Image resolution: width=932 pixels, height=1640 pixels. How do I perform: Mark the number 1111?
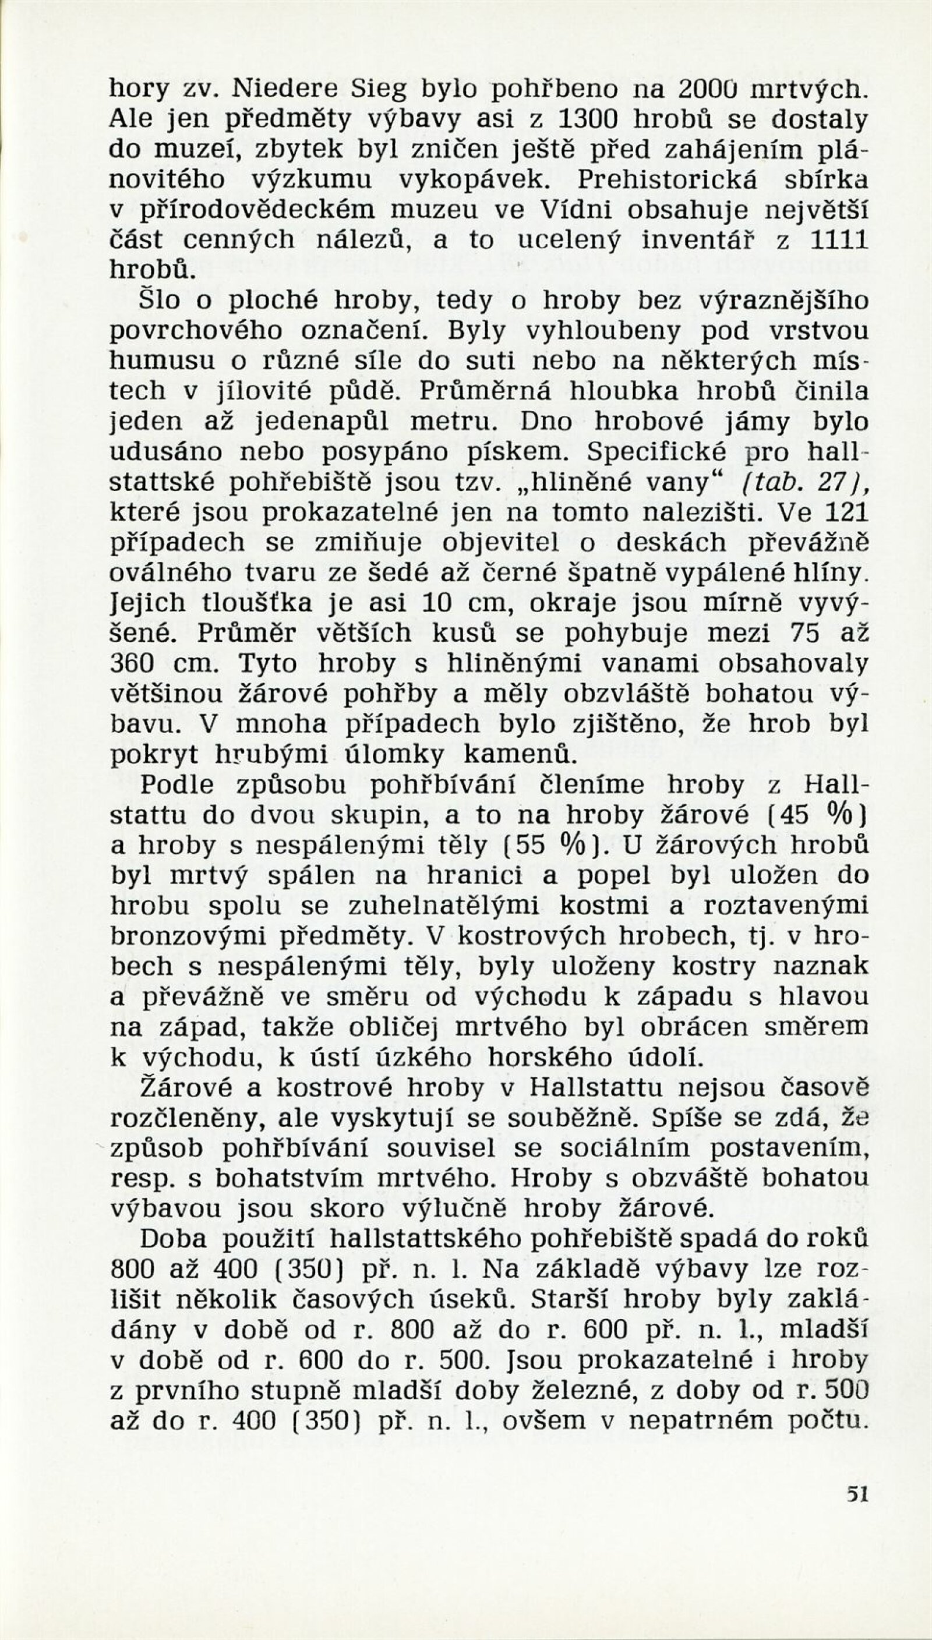coord(839,240)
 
